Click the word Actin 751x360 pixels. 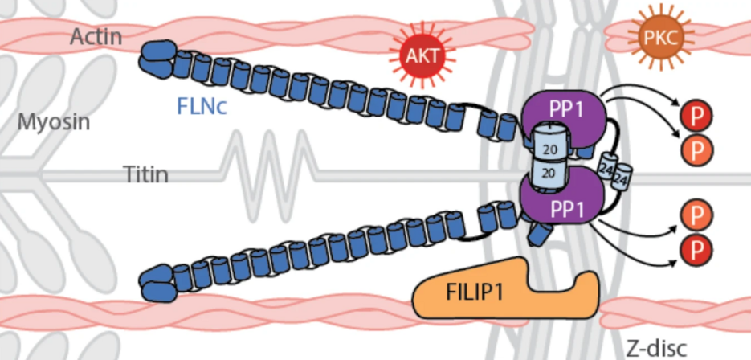tap(96, 36)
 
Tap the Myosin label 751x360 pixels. tap(53, 123)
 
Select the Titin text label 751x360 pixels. tap(145, 174)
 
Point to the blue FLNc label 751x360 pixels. tap(202, 105)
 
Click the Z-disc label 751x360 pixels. tap(656, 348)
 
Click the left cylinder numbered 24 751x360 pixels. tap(606, 166)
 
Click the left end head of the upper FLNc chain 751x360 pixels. tap(156, 57)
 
